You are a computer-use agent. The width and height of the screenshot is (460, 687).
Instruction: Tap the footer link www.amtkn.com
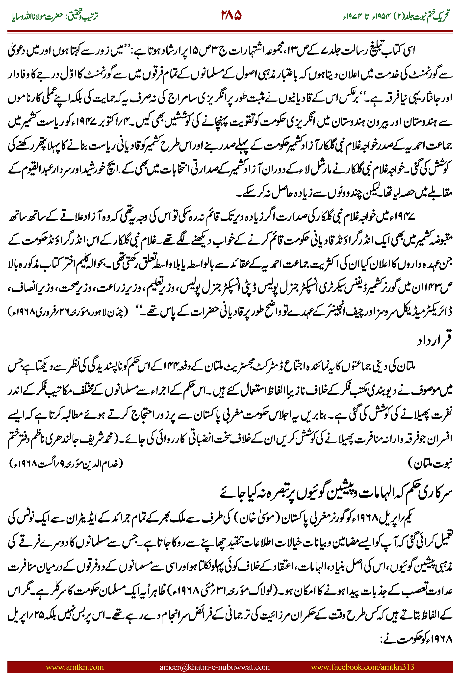pos(75,667)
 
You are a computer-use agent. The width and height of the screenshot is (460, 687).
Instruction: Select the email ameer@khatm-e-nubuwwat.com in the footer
pos(214,667)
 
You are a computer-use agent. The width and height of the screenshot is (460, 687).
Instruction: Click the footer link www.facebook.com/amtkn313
pos(362,667)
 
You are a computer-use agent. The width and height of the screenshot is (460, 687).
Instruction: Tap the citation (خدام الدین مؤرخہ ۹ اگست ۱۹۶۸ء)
pos(66,463)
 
